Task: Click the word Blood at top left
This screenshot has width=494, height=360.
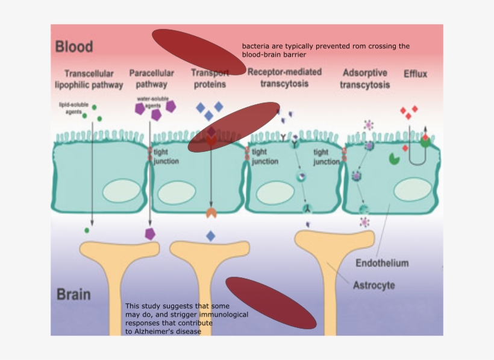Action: tap(74, 46)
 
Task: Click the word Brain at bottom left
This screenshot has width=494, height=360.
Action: tap(73, 295)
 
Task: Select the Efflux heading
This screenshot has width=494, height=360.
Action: tap(415, 74)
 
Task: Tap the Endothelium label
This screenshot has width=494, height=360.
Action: tap(382, 263)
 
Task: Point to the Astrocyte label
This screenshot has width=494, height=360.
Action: tap(374, 285)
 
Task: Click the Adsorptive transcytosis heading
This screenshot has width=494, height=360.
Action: tap(364, 79)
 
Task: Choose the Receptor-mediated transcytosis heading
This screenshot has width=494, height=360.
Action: tap(284, 78)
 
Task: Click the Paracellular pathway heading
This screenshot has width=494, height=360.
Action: tap(148, 79)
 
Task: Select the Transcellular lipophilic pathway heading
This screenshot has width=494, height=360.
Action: tap(89, 79)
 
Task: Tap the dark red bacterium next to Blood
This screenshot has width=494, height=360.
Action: tap(195, 49)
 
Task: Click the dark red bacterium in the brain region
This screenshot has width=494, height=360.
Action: tap(270, 303)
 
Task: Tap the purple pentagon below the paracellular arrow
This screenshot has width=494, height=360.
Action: tap(149, 234)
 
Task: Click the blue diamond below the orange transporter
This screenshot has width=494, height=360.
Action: tap(210, 236)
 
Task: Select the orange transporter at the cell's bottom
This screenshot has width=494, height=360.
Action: tap(211, 213)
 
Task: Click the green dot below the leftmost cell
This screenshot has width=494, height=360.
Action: tap(87, 230)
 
